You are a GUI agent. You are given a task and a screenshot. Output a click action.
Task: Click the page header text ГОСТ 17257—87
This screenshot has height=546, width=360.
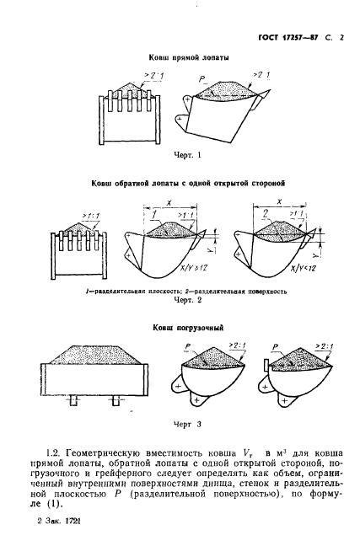288,37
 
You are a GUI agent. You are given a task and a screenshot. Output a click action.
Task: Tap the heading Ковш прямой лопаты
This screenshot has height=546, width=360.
189,58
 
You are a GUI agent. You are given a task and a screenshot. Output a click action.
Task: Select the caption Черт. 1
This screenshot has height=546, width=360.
187,155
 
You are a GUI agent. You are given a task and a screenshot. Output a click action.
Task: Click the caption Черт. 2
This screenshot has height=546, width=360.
187,300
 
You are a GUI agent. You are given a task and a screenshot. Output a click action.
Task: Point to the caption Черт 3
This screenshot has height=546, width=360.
187,425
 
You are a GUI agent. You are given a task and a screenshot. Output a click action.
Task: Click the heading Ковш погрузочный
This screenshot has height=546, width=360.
188,328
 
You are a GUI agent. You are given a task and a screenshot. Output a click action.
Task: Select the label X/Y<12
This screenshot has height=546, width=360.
304,269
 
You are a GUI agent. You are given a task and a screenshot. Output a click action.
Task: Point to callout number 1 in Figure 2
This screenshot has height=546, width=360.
153,215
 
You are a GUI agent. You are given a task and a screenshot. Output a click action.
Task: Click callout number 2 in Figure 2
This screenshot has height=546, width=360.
266,214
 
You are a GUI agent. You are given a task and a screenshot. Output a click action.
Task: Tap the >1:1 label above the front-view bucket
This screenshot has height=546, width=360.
91,216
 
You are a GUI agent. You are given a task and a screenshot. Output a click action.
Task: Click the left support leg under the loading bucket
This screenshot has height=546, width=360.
74,400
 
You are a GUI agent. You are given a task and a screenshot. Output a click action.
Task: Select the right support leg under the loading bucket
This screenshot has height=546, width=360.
116,400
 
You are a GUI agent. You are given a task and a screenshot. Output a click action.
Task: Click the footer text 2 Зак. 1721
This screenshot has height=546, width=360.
58,522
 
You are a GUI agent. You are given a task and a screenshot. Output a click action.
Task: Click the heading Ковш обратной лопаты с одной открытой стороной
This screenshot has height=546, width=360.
188,183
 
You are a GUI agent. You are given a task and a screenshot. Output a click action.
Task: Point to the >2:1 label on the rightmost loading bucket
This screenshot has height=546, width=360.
325,345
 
